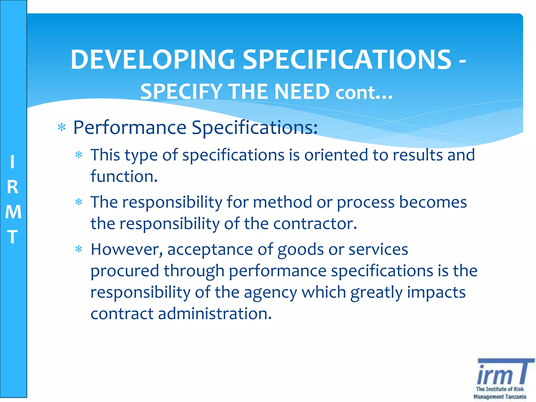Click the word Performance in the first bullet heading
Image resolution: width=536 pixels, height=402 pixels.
click(x=130, y=127)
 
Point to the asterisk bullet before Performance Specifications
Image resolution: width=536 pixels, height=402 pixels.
click(x=62, y=128)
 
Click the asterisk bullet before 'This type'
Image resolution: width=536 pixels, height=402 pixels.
click(x=79, y=155)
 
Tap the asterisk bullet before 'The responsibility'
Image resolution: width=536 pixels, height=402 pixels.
click(x=79, y=202)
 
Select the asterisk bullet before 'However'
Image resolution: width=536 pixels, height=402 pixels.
click(x=79, y=249)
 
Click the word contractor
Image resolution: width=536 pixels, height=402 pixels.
click(x=315, y=224)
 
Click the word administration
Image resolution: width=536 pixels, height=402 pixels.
click(x=215, y=314)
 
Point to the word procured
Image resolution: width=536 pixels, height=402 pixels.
click(x=125, y=271)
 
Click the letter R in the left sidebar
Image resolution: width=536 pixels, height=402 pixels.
click(x=13, y=187)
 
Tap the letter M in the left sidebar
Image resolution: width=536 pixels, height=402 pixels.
click(x=13, y=212)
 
